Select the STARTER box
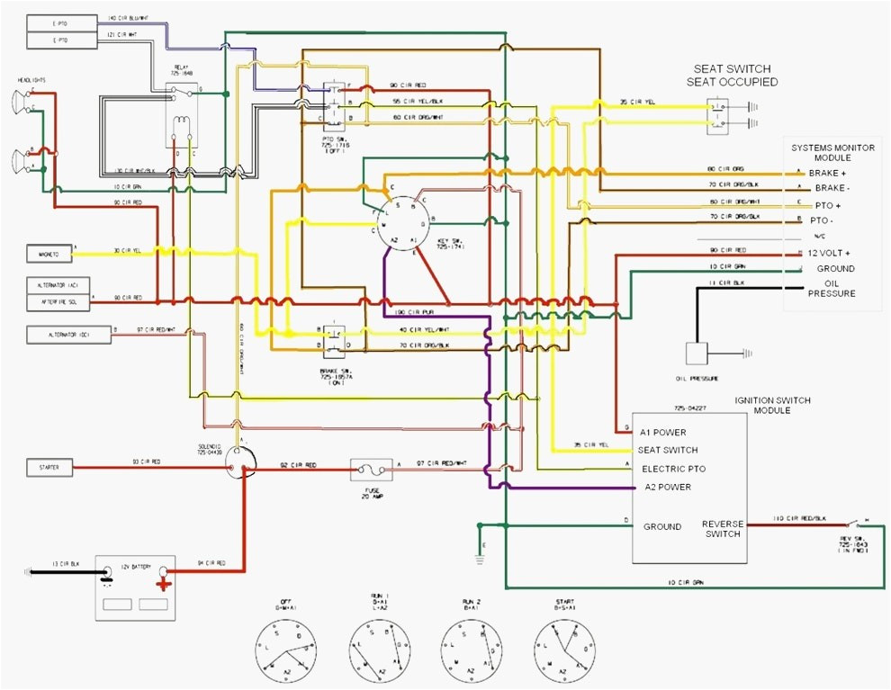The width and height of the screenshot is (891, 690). point(49,468)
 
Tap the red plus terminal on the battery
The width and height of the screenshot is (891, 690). point(164,582)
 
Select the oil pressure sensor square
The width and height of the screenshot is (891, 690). point(697,354)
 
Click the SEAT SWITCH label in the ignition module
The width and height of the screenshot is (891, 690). point(667,450)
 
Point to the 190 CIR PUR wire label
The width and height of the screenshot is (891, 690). point(415,313)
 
